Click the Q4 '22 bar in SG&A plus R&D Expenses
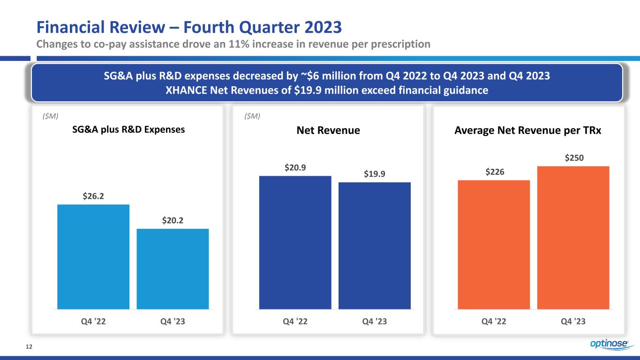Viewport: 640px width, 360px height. [93, 257]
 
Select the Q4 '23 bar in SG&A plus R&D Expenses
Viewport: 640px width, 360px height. [173, 269]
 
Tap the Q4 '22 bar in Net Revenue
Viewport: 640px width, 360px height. [295, 242]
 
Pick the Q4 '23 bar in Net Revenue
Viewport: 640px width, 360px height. [374, 246]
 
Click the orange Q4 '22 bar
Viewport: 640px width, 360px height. [494, 245]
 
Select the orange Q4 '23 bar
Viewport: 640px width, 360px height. [573, 238]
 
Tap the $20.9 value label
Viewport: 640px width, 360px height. [295, 167]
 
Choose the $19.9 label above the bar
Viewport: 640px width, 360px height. [374, 174]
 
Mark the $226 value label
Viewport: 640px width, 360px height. [495, 172]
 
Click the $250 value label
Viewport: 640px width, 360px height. [574, 158]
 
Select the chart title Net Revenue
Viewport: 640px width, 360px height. [329, 131]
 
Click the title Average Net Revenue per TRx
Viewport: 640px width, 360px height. [528, 131]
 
